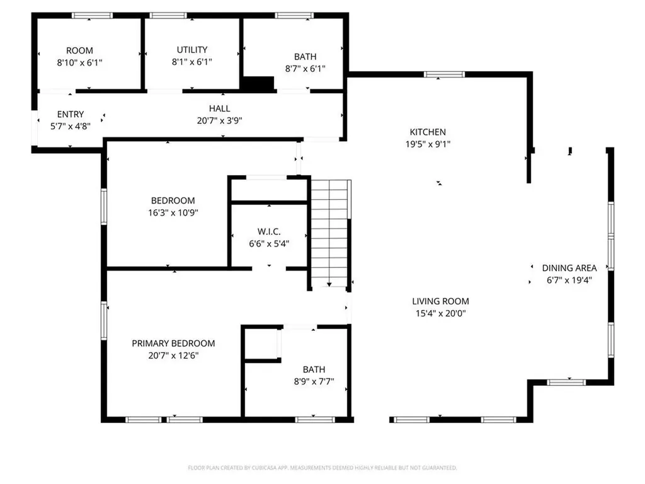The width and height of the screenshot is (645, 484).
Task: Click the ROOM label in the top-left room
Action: coord(80,50)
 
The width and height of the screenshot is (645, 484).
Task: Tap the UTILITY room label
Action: coord(192,50)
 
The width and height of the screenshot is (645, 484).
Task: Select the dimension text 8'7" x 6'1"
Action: coord(305,69)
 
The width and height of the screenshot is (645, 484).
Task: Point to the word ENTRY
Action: coord(71,114)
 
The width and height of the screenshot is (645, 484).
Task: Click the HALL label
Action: coord(220,108)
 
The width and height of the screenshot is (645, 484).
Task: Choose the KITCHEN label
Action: coord(428,132)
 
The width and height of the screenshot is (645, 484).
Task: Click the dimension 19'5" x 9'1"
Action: coord(428,144)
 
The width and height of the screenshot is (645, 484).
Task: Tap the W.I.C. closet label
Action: coord(269,232)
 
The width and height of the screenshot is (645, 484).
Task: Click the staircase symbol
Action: coord(330,233)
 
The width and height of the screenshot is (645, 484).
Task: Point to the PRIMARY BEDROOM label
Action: coord(173,343)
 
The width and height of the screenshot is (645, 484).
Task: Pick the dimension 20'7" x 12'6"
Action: coord(173,355)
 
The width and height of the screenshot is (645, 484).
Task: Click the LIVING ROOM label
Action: coord(440,301)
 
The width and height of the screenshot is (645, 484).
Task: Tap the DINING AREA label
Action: coord(569,268)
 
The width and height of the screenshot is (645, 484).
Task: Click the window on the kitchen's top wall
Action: coord(444,74)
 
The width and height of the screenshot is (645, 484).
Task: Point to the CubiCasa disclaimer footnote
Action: coord(322,468)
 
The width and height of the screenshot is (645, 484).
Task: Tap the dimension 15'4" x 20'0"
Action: coord(440,313)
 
